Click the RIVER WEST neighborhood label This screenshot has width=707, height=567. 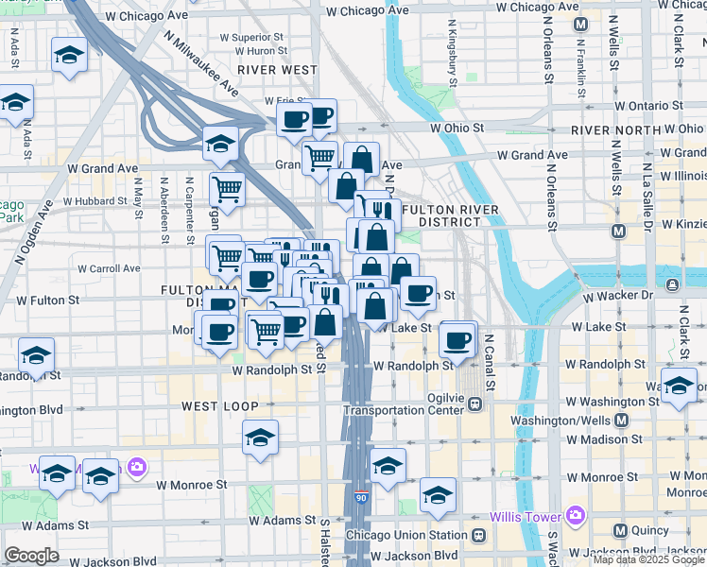[x=277, y=70]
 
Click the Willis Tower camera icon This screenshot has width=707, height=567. [x=574, y=516]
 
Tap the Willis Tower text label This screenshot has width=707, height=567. [x=526, y=517]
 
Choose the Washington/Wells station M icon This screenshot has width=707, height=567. [x=621, y=420]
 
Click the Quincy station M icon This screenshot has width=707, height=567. [x=621, y=530]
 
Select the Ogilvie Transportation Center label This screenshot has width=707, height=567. [x=406, y=403]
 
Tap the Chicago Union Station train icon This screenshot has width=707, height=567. [x=478, y=535]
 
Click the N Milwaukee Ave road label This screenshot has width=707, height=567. [x=200, y=62]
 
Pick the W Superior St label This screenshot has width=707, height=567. [x=245, y=37]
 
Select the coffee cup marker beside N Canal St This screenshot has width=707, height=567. [x=457, y=339]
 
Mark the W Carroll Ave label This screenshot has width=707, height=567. [x=109, y=268]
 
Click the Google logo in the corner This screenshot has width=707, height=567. [x=31, y=556]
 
